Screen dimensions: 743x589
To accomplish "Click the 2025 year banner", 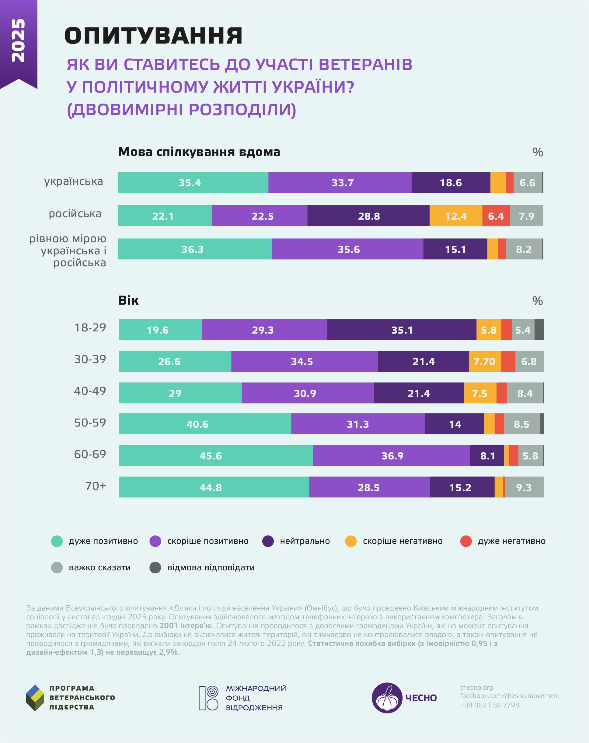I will tap(19, 41).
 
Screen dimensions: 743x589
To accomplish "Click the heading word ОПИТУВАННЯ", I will tap(154, 36).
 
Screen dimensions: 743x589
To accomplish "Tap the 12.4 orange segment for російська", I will tap(456, 216).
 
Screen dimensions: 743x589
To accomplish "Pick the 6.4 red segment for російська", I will tap(496, 216).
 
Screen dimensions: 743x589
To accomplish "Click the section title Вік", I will tap(128, 300).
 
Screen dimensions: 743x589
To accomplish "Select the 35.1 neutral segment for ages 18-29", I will tap(402, 330).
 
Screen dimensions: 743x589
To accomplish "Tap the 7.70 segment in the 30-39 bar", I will tap(485, 362).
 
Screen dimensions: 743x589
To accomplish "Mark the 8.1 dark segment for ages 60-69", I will tap(487, 456).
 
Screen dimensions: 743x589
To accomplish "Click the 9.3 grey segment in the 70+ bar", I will tap(524, 487).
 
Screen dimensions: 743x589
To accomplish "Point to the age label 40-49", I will tap(90, 391).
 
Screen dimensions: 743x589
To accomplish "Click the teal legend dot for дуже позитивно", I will tap(57, 541).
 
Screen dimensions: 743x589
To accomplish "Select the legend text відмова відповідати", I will tap(211, 568).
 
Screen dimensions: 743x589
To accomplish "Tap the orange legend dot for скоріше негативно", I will tap(351, 541).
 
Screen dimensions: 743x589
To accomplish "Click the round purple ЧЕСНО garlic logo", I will tap(387, 698).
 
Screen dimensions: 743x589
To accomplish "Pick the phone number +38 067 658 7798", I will tap(489, 705).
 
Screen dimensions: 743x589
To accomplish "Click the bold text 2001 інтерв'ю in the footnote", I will tap(185, 626).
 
